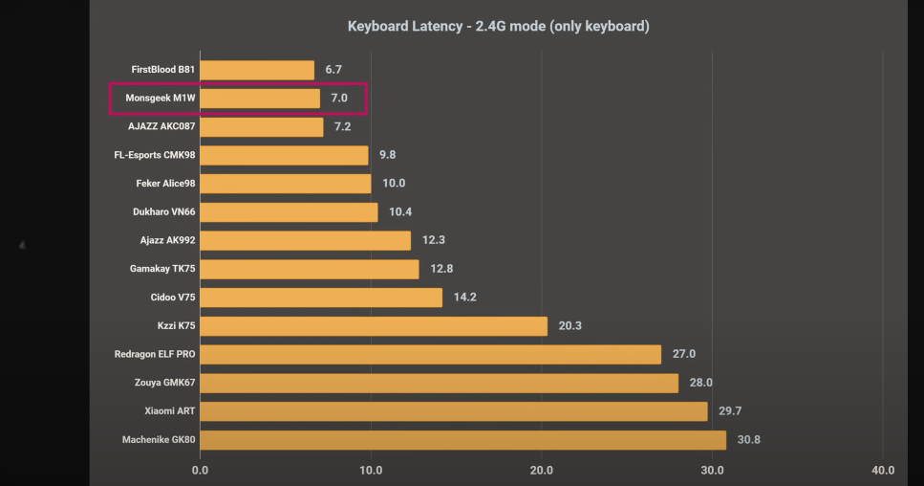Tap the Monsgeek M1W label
click(161, 98)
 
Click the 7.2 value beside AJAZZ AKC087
click(343, 126)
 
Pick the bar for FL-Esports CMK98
click(284, 155)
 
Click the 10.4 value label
click(400, 211)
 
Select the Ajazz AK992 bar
click(305, 240)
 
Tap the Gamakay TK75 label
click(162, 269)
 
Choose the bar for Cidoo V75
click(321, 298)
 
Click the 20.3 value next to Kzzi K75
click(569, 325)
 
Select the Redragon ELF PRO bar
click(430, 354)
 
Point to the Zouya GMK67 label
click(164, 383)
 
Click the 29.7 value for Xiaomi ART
click(730, 410)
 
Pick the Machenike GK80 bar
click(462, 440)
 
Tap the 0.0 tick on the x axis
click(201, 470)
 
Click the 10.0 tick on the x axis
click(371, 470)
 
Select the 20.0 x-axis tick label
click(542, 470)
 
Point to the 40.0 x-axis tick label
click(883, 470)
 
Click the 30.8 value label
click(749, 440)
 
